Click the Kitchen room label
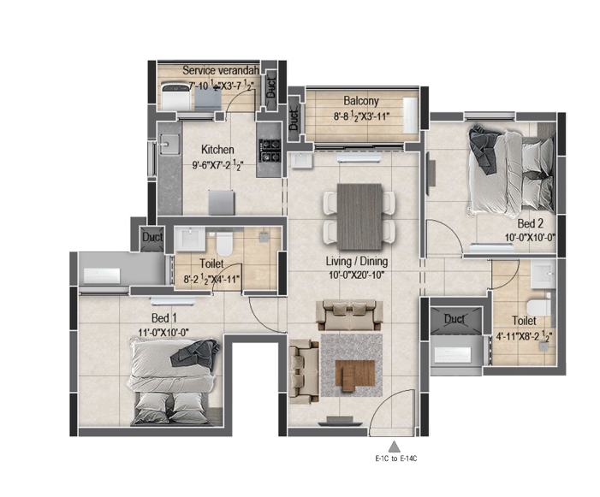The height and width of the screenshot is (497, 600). [x=217, y=149]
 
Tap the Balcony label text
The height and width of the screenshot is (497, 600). [x=361, y=101]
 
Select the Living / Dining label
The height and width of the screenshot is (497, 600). [x=357, y=262]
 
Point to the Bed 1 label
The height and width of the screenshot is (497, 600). [x=163, y=318]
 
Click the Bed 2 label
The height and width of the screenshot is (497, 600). [x=531, y=223]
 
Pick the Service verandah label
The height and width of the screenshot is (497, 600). [x=221, y=70]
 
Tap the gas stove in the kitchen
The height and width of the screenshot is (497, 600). [x=270, y=151]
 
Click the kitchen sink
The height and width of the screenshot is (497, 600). [x=169, y=144]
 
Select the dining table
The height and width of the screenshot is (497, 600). [x=359, y=216]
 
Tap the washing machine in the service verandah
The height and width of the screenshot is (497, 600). [x=175, y=97]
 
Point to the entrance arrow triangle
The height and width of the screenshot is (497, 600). [x=394, y=447]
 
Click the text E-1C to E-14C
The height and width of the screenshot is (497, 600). [x=396, y=459]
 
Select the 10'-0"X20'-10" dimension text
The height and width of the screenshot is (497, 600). [x=356, y=275]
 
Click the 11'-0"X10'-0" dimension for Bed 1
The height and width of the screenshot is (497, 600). [x=163, y=332]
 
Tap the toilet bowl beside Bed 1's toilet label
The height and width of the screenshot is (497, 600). [x=224, y=244]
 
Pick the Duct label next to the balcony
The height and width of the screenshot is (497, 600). [x=294, y=119]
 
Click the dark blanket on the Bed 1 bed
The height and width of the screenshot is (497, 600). [x=195, y=353]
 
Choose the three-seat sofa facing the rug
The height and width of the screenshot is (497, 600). [x=349, y=316]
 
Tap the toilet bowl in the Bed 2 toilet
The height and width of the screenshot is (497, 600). [x=539, y=307]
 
